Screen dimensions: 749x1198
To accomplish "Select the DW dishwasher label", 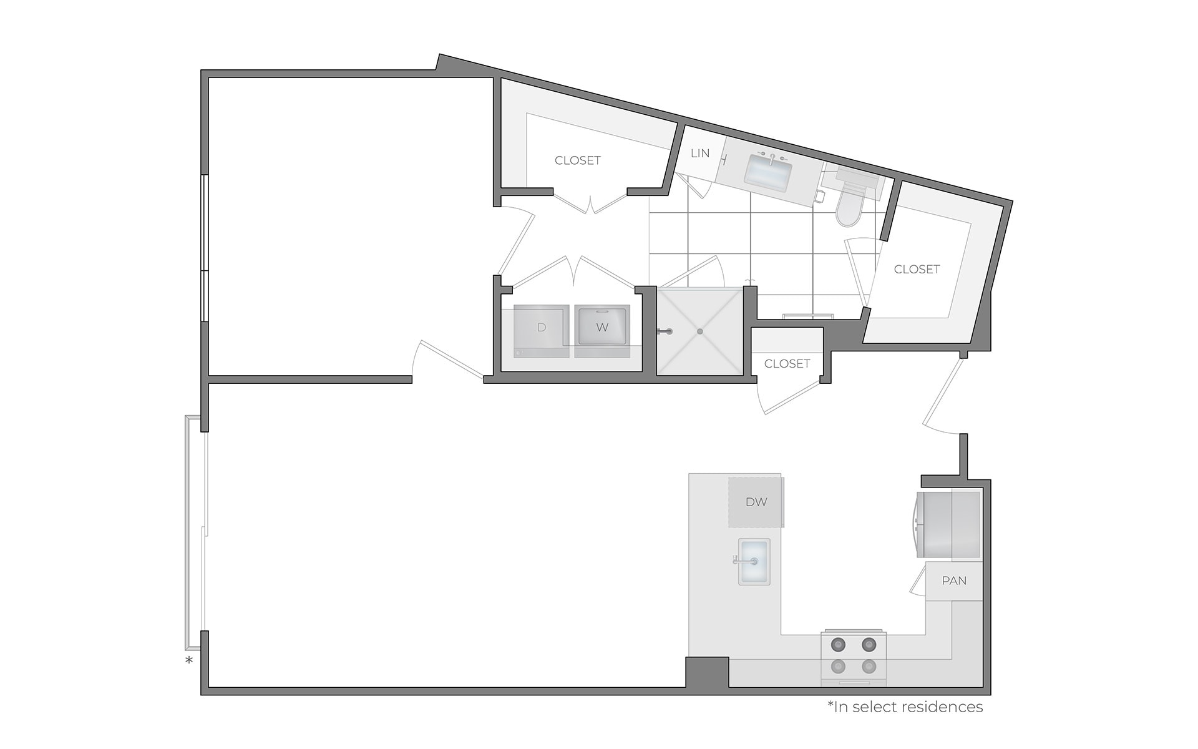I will (756, 502).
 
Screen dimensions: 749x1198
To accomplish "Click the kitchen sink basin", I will (754, 561).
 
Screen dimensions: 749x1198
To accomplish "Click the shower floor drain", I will (700, 331).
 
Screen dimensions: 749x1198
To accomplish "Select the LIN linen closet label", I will (700, 153).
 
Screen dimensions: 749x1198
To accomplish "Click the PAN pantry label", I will (954, 581).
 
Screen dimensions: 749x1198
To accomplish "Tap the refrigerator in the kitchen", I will (948, 524).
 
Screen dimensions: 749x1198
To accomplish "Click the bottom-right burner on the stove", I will (869, 667).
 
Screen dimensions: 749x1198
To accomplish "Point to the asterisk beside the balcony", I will (189, 660).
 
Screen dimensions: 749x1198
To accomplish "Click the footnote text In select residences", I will (905, 707).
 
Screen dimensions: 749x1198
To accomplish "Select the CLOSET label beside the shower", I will (787, 363).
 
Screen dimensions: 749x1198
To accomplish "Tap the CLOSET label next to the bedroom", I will (577, 160).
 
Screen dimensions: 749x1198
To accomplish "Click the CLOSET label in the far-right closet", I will (917, 269).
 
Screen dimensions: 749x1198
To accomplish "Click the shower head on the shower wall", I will (665, 331).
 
